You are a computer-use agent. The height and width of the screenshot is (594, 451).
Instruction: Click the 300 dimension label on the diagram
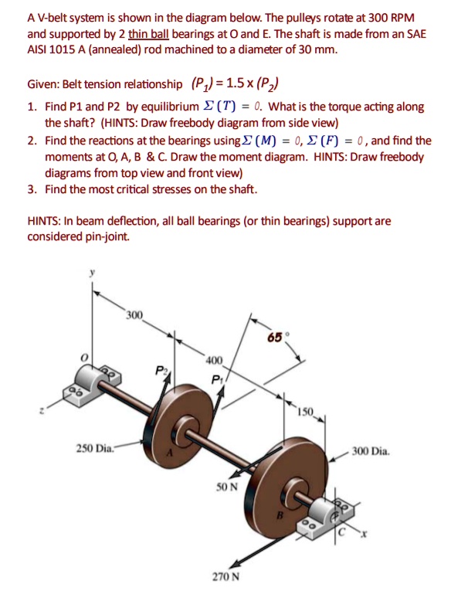[x=135, y=316]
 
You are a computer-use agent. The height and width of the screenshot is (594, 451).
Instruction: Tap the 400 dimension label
[x=214, y=361]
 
